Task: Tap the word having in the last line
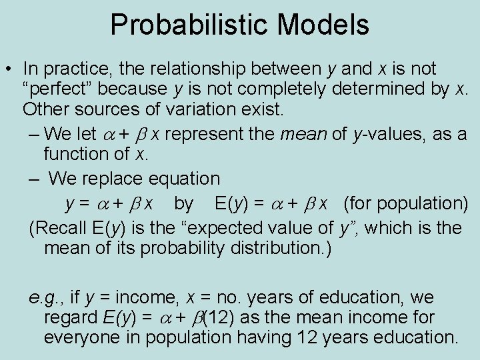[285, 337]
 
